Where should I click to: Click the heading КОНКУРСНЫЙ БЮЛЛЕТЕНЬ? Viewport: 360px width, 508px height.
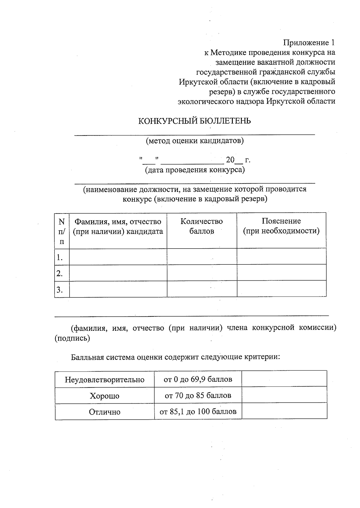click(194, 121)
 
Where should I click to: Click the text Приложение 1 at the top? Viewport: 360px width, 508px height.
click(309, 43)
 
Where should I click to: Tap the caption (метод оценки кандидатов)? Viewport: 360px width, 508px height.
click(195, 141)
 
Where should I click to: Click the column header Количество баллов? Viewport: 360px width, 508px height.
click(202, 226)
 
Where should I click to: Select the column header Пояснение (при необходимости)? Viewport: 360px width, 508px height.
click(281, 226)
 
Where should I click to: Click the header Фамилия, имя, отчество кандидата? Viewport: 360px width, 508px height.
click(118, 226)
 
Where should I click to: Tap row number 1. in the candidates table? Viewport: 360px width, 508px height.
click(60, 257)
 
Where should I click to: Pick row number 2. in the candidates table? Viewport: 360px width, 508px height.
click(60, 273)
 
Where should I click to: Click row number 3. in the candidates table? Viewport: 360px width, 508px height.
click(60, 290)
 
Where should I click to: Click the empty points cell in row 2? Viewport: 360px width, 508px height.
click(202, 273)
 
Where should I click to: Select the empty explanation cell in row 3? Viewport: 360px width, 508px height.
click(281, 289)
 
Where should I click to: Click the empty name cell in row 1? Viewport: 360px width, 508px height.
click(118, 257)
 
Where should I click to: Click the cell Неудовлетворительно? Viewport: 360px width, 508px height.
click(105, 380)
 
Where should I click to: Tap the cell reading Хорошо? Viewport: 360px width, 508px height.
click(105, 396)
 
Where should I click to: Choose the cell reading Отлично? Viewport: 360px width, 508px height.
click(105, 412)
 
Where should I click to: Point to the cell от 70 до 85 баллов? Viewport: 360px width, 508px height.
click(198, 396)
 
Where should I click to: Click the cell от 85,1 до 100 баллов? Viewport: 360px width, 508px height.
click(198, 412)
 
